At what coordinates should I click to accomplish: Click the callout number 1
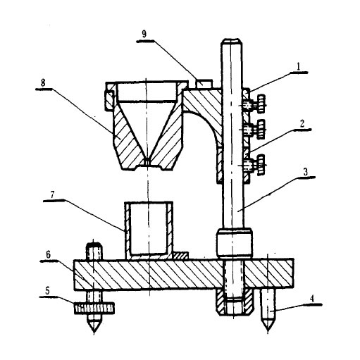pyautogui.click(x=298, y=67)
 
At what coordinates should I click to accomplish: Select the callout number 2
pyautogui.click(x=302, y=123)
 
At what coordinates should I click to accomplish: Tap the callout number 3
pyautogui.click(x=305, y=172)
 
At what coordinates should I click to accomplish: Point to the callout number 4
pyautogui.click(x=311, y=299)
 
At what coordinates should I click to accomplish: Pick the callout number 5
pyautogui.click(x=47, y=291)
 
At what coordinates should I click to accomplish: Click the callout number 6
pyautogui.click(x=48, y=254)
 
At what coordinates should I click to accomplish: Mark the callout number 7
pyautogui.click(x=52, y=194)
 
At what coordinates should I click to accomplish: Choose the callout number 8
pyautogui.click(x=43, y=83)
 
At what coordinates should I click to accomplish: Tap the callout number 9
pyautogui.click(x=144, y=34)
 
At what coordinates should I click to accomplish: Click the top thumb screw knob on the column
pyautogui.click(x=261, y=104)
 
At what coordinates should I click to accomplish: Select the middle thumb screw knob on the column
pyautogui.click(x=261, y=129)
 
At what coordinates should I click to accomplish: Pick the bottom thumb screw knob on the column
pyautogui.click(x=261, y=165)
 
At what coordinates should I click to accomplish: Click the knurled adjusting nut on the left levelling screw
pyautogui.click(x=94, y=308)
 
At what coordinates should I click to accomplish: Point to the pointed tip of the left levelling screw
pyautogui.click(x=94, y=333)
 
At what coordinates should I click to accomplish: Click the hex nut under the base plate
pyautogui.click(x=234, y=302)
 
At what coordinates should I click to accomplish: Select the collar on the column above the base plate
pyautogui.click(x=235, y=242)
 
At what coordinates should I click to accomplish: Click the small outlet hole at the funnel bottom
pyautogui.click(x=147, y=161)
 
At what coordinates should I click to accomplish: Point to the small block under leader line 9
pyautogui.click(x=204, y=84)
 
